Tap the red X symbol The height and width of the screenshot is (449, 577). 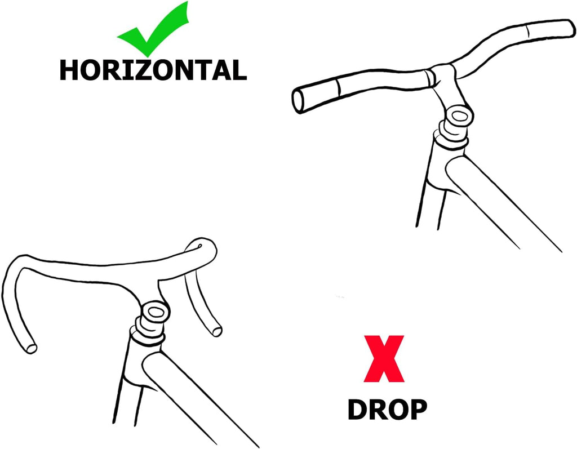(x=384, y=358)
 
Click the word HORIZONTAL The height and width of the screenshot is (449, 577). (x=153, y=70)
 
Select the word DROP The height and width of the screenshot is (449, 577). (x=387, y=409)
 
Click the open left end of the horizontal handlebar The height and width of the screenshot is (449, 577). (x=298, y=100)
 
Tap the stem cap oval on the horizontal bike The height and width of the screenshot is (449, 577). (x=459, y=117)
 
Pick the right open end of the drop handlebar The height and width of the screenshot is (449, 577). (x=217, y=331)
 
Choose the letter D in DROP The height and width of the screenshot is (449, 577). (x=357, y=409)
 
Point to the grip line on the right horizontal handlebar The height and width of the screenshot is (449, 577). (x=527, y=30)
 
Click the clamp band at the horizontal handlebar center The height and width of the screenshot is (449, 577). (x=430, y=77)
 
